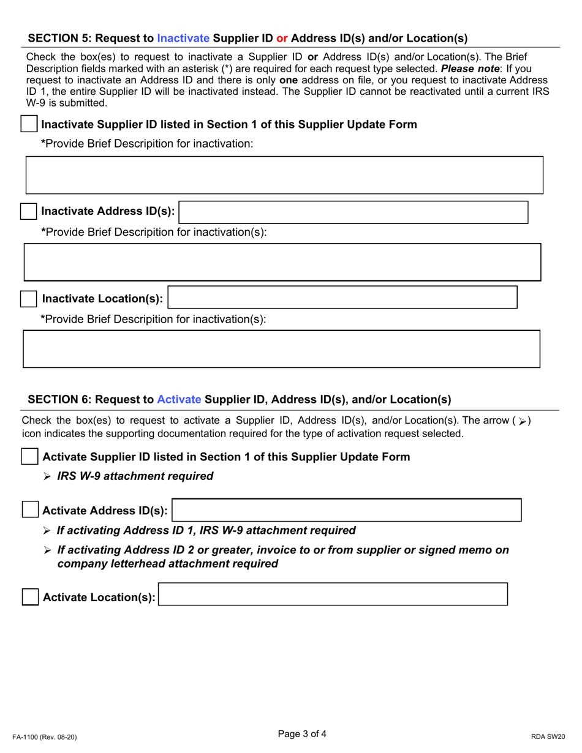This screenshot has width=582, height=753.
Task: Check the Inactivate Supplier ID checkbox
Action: [29, 124]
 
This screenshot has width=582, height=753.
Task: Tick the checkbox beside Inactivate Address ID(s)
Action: [29, 212]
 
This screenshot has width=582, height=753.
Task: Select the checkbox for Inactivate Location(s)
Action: [29, 299]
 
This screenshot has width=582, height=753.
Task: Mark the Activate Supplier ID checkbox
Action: [29, 457]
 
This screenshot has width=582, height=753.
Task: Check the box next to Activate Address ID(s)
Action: [29, 510]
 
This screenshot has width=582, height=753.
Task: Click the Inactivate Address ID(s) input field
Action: [353, 212]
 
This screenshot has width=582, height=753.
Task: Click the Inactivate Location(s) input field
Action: [342, 298]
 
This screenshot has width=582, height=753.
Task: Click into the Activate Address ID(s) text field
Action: [347, 510]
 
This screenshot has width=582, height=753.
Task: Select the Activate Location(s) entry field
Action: [333, 595]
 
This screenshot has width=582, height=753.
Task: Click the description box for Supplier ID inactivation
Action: [284, 175]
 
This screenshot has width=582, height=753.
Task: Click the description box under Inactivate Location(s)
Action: [281, 350]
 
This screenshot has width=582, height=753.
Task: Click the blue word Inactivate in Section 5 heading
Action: [183, 38]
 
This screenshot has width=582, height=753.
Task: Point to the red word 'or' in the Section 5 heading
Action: [282, 38]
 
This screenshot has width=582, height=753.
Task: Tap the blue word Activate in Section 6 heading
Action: [179, 400]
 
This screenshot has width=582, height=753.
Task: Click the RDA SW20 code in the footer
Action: [548, 737]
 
